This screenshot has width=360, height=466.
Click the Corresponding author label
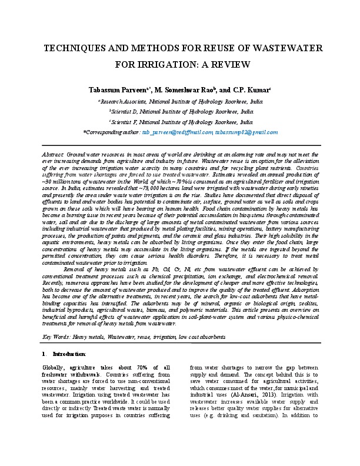click(112, 132)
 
